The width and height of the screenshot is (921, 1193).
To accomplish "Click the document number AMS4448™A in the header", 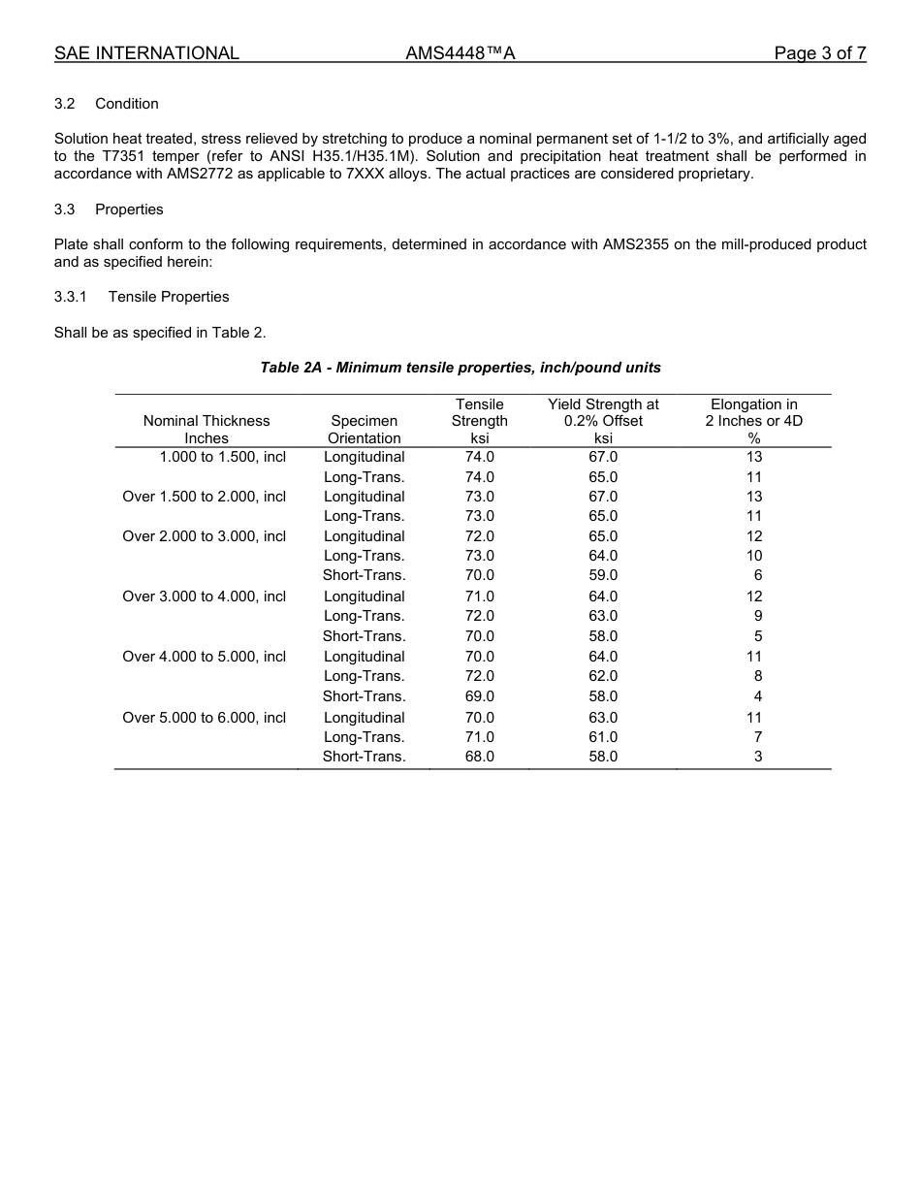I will [x=460, y=53].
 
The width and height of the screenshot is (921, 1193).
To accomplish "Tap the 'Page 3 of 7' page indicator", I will [x=819, y=53].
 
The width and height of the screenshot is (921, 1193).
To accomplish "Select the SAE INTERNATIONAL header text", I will [x=146, y=53].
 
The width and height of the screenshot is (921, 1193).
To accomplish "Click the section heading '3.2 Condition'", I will [x=107, y=104].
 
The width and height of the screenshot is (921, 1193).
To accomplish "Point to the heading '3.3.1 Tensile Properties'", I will [x=142, y=297].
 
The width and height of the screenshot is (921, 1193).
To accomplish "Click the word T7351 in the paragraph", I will [x=125, y=156].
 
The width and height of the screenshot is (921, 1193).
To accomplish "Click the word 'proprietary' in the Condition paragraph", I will [x=715, y=174].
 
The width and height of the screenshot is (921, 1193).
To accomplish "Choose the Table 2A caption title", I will [x=460, y=368].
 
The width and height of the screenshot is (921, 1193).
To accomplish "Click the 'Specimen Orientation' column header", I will [x=364, y=430].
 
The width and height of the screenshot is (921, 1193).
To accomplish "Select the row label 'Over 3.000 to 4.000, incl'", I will [x=204, y=596].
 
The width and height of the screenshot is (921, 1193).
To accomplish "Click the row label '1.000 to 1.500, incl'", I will [x=222, y=457].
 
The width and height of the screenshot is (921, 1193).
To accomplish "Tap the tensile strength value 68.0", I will [x=479, y=757].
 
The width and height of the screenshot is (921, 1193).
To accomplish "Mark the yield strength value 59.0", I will [x=603, y=575].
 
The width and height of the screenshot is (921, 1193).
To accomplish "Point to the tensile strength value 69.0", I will [x=479, y=696].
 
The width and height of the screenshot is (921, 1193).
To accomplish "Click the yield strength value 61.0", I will [x=603, y=737].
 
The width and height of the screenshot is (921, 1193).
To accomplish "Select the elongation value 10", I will [x=754, y=556].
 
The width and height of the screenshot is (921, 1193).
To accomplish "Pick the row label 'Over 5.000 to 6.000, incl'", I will [x=204, y=718].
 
